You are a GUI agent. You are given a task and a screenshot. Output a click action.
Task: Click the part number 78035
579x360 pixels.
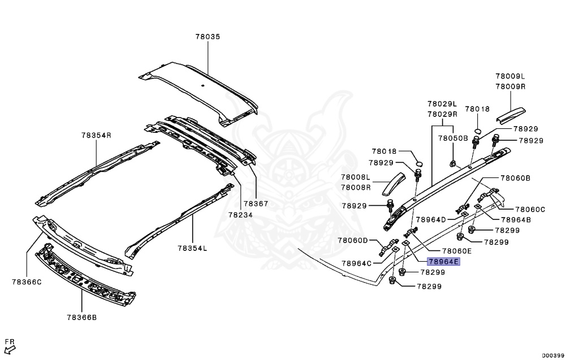[x=208, y=37]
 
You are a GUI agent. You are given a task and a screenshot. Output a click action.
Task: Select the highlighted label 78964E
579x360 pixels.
[x=444, y=262]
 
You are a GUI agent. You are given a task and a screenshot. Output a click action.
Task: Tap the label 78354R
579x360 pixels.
[x=96, y=136]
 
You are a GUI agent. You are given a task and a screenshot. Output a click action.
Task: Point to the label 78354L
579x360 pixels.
[x=192, y=248]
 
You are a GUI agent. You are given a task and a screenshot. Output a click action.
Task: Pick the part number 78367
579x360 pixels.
[x=256, y=203]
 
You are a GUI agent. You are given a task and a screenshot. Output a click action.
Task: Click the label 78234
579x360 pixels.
[x=241, y=215]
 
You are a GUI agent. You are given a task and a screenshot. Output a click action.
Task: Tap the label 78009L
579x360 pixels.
[x=511, y=76]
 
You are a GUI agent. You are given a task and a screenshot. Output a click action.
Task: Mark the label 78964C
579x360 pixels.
[x=357, y=263]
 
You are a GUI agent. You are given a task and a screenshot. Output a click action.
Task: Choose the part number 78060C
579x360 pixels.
[x=530, y=209]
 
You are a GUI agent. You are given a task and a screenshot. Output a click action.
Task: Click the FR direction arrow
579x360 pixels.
[x=8, y=349]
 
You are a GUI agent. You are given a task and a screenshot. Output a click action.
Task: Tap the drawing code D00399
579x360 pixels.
[x=554, y=355]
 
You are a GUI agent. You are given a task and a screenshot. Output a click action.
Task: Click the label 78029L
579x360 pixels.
[x=442, y=104]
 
